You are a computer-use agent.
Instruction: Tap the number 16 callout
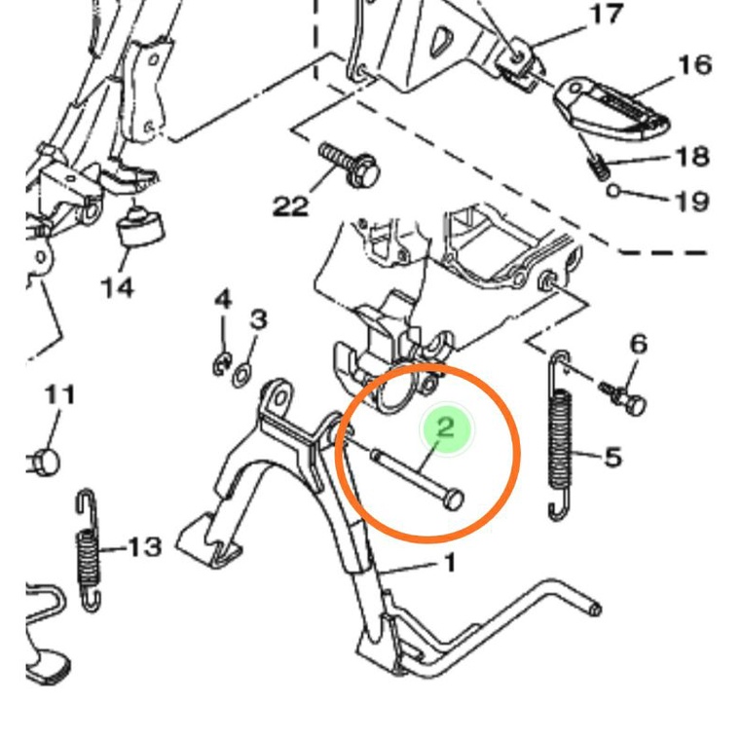(694, 65)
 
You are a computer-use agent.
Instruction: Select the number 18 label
(691, 156)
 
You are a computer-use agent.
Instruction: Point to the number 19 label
(691, 202)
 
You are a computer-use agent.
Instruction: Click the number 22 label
(290, 206)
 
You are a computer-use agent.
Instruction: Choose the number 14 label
(116, 287)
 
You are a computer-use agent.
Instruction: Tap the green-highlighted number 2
(446, 426)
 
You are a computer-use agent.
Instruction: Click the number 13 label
(143, 547)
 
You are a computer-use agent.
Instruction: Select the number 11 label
(59, 395)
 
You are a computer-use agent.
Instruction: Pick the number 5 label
(612, 456)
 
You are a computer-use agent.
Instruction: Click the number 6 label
(638, 344)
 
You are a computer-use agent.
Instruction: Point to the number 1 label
(449, 563)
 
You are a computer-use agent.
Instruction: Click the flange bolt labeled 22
(350, 165)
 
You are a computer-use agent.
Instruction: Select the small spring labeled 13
(89, 550)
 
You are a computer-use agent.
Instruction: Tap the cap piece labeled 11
(44, 458)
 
